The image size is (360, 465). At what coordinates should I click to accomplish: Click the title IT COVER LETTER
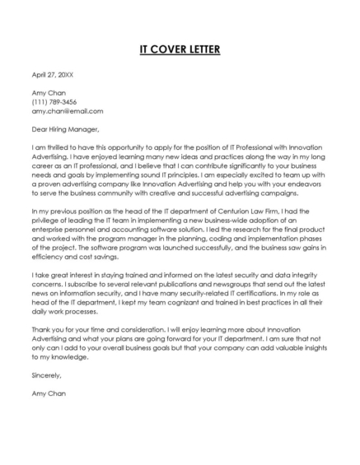click(180, 49)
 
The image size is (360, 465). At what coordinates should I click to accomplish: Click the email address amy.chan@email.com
click(68, 110)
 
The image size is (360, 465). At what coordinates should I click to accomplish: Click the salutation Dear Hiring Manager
click(65, 128)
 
